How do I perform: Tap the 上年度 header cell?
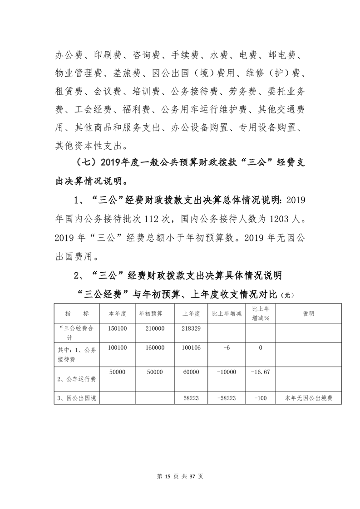191,313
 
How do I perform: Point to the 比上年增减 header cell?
227,313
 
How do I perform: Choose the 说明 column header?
309,313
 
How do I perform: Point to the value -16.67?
261,372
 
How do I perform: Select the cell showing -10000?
227,372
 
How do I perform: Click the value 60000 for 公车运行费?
191,372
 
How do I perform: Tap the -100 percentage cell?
261,398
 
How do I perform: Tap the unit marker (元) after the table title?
288,295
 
